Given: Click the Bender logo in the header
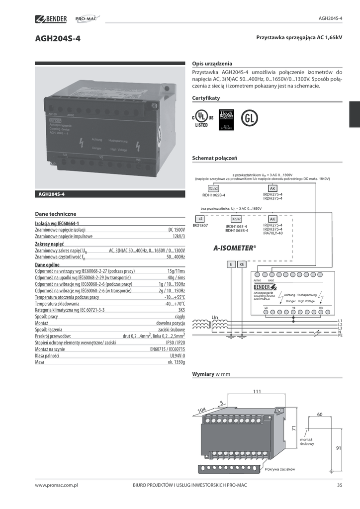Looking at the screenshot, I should [51, 19].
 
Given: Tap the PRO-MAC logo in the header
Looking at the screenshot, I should [87, 19].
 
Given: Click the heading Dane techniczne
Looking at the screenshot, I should [55, 213].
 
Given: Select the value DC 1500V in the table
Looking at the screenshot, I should [176, 230].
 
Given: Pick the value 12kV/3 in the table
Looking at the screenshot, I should [179, 237].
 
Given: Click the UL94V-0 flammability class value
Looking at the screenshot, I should [177, 356].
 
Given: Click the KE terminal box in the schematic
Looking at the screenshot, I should [242, 264].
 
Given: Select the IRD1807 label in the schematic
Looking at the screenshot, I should [200, 226].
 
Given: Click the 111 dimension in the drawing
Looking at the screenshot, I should [257, 392].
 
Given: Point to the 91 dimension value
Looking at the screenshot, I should [339, 448].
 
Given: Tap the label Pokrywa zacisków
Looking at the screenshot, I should [280, 470].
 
